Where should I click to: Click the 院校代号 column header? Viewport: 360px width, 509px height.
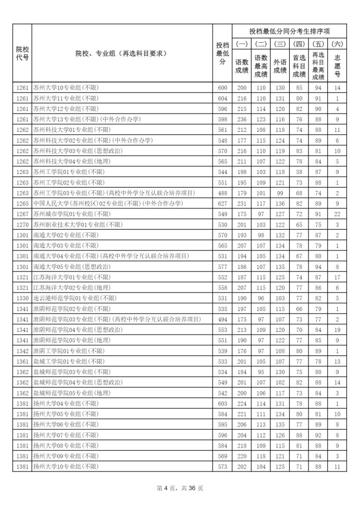[22, 53]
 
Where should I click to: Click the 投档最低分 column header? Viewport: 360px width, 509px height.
[222, 53]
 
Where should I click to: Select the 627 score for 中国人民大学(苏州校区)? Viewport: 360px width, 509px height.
[222, 204]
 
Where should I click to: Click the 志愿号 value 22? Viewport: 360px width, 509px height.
[337, 214]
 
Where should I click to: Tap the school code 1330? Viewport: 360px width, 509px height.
[22, 298]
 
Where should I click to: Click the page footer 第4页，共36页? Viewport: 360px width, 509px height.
[180, 488]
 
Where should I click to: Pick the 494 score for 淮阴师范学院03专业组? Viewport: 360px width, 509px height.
[222, 319]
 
